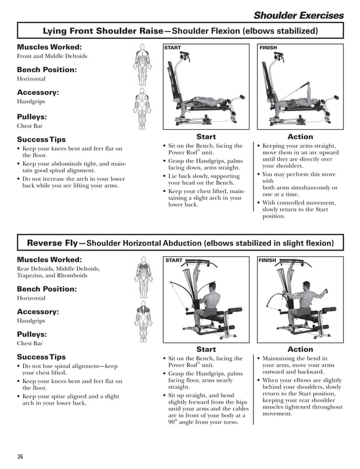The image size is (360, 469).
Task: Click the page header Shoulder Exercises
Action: tap(298, 15)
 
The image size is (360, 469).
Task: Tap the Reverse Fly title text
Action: tap(52, 243)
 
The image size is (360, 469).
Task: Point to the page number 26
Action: tap(20, 456)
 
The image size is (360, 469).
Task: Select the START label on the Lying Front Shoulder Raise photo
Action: tap(173, 48)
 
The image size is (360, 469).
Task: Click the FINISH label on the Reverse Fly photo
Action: tap(268, 261)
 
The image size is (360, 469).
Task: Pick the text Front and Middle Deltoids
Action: tap(52, 56)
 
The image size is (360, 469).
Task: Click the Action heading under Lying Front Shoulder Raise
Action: tap(300, 137)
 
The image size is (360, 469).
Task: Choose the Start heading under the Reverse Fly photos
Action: tap(206, 349)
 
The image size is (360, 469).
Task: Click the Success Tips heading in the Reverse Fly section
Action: tap(41, 357)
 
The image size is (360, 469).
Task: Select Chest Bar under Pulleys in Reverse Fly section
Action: tap(29, 343)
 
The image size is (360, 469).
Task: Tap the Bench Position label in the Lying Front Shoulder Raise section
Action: tap(46, 69)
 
